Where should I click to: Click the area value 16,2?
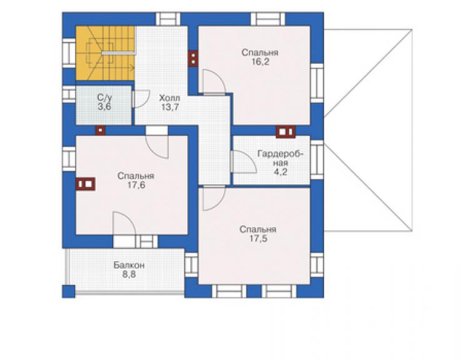260,62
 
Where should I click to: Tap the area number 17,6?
136,185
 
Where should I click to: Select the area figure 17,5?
258,239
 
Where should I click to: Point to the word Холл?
170,98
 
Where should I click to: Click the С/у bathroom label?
104,98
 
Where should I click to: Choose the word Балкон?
130,265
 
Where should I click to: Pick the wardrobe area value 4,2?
280,172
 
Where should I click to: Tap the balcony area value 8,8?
129,275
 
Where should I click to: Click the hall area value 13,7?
170,107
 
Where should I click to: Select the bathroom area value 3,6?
104,106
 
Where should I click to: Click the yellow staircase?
105,53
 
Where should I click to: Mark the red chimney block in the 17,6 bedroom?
86,184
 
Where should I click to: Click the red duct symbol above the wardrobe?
285,132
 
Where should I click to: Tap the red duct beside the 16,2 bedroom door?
193,59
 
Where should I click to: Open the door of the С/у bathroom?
141,99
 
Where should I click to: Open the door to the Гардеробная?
243,162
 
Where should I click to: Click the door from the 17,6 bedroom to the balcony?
125,224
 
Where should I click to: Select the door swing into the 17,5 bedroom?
214,198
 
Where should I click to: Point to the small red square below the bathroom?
100,130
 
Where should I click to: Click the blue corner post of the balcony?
68,291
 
